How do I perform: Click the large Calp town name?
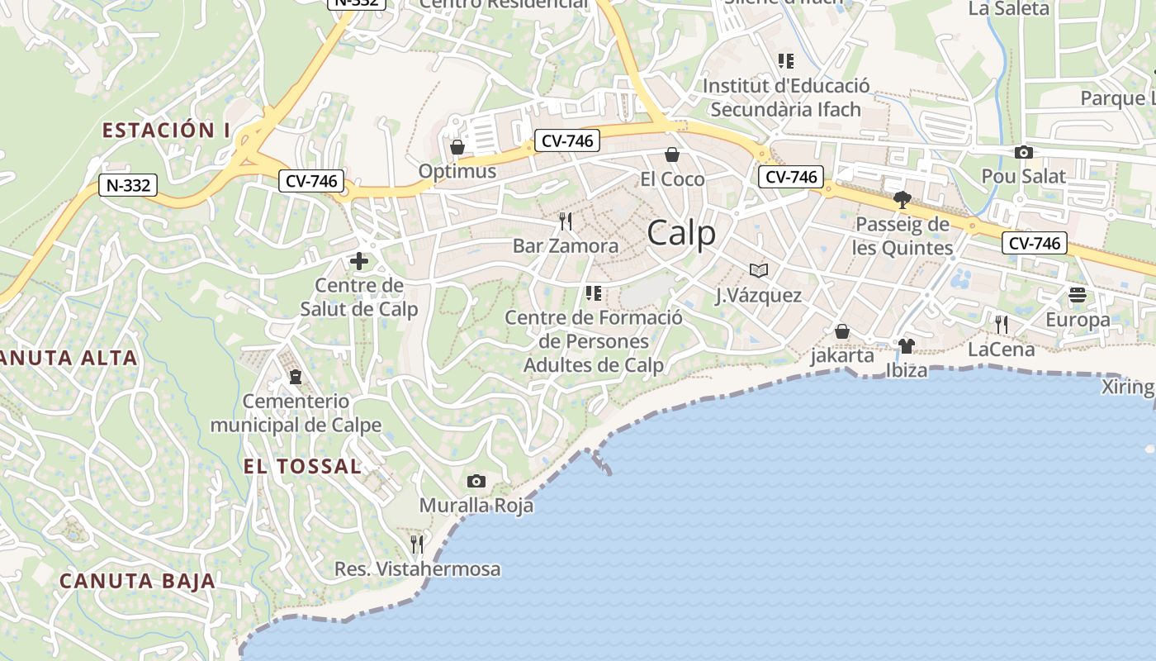point(681,233)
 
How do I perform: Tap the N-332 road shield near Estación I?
point(129,185)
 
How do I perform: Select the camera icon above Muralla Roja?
point(476,481)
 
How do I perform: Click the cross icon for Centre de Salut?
point(359,261)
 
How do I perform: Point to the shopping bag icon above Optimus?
point(457,147)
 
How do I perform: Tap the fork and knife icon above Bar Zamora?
point(566,221)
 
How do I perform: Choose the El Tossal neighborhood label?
point(302,466)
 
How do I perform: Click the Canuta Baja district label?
point(137,581)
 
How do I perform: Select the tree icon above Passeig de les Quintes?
point(902,199)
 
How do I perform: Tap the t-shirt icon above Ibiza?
point(907,345)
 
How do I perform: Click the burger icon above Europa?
point(1077,294)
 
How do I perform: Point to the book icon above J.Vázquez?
point(758,270)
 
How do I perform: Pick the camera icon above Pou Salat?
point(1023,152)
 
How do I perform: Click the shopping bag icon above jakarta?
point(842,331)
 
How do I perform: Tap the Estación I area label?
point(166,130)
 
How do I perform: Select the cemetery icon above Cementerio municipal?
point(295,377)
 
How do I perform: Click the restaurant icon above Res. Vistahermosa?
point(417,544)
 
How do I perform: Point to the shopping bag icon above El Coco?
point(672,155)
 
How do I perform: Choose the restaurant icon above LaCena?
point(1001,324)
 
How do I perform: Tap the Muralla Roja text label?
point(476,506)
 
